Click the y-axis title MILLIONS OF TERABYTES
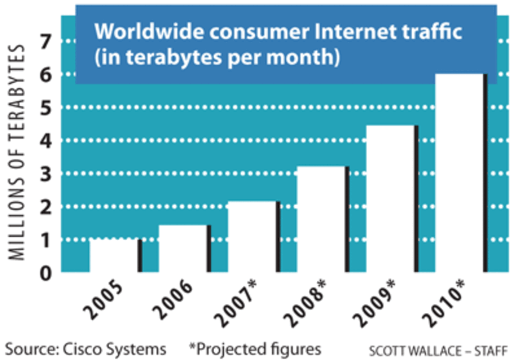[x=18, y=153]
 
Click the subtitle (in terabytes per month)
[x=216, y=58]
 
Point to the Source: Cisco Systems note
[x=86, y=349]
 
